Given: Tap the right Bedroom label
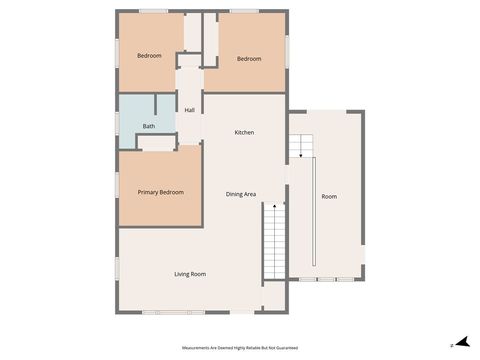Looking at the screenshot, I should [249, 59].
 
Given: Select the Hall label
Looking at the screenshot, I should [189, 110].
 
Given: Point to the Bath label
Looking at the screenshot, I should [149, 126].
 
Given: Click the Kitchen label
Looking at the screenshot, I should [245, 133].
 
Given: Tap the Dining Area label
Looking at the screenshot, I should [241, 194].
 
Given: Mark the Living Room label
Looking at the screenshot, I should [190, 273].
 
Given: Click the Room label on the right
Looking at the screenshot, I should [329, 197].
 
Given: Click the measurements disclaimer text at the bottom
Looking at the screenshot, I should [240, 347].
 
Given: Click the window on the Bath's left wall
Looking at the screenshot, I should [118, 121].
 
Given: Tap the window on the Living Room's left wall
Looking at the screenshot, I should [117, 270].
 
